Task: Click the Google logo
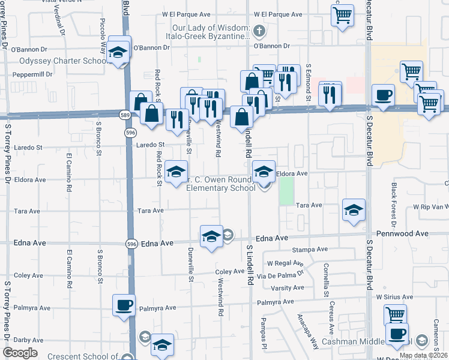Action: tap(20, 353)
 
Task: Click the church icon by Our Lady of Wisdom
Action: tap(258, 29)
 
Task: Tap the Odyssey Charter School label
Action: tap(63, 61)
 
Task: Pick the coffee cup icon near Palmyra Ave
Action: tap(124, 305)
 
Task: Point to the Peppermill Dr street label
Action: tap(30, 74)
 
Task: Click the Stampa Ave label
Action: tap(310, 249)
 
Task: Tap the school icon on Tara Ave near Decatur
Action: tap(354, 209)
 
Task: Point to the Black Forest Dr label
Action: tap(394, 201)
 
